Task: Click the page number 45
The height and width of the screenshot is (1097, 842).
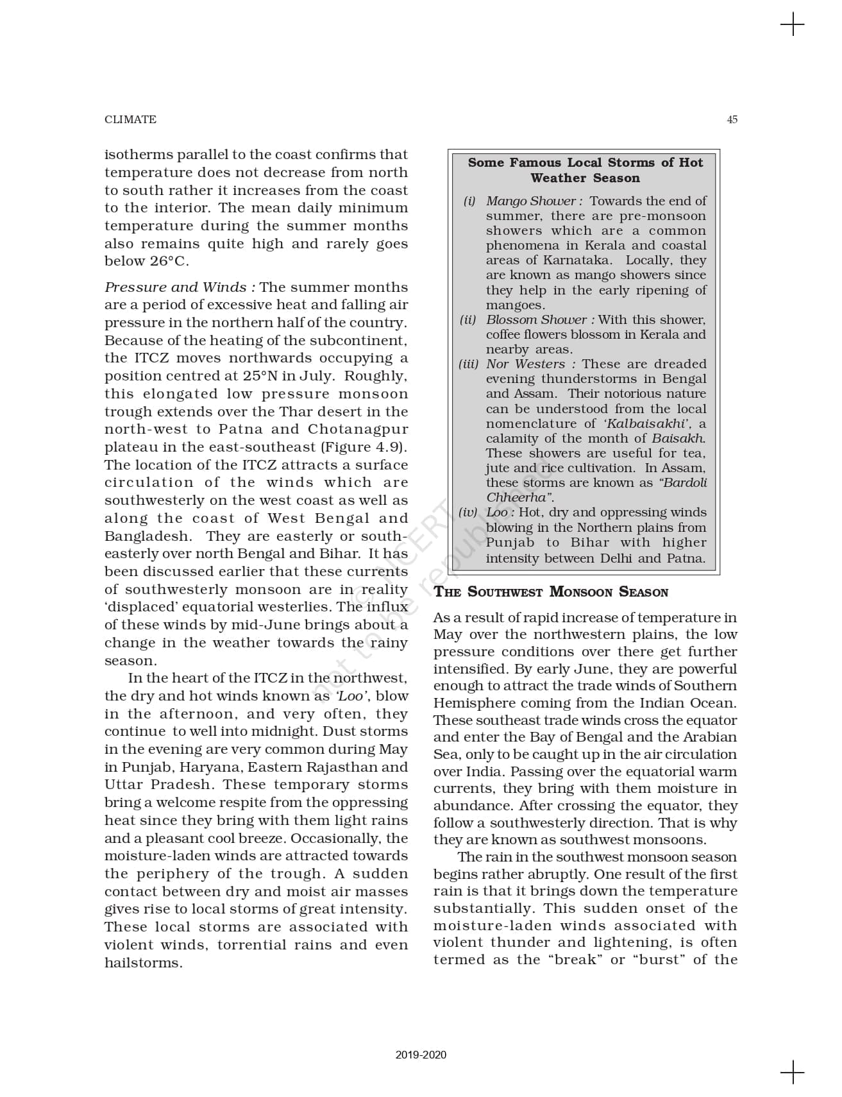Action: click(732, 119)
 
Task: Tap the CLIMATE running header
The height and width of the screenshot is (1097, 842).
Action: click(130, 119)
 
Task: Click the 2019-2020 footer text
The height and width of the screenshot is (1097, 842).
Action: click(421, 1055)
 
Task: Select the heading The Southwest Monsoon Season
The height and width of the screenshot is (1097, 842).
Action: click(551, 592)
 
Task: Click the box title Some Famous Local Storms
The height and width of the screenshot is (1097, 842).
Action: click(585, 170)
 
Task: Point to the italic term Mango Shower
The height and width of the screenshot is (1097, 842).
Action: click(530, 201)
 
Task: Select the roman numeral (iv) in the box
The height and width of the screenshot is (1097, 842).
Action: click(467, 512)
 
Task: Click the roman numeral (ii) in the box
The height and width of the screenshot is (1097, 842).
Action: click(468, 319)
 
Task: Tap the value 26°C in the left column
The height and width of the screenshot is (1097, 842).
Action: click(169, 261)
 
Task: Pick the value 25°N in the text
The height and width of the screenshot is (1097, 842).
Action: click(260, 376)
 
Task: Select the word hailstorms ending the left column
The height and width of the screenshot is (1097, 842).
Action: click(143, 963)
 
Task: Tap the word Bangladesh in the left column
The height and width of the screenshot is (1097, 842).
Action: click(147, 536)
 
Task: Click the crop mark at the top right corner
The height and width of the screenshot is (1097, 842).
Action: click(793, 24)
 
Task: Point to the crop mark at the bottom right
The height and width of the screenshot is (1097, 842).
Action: click(793, 1072)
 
